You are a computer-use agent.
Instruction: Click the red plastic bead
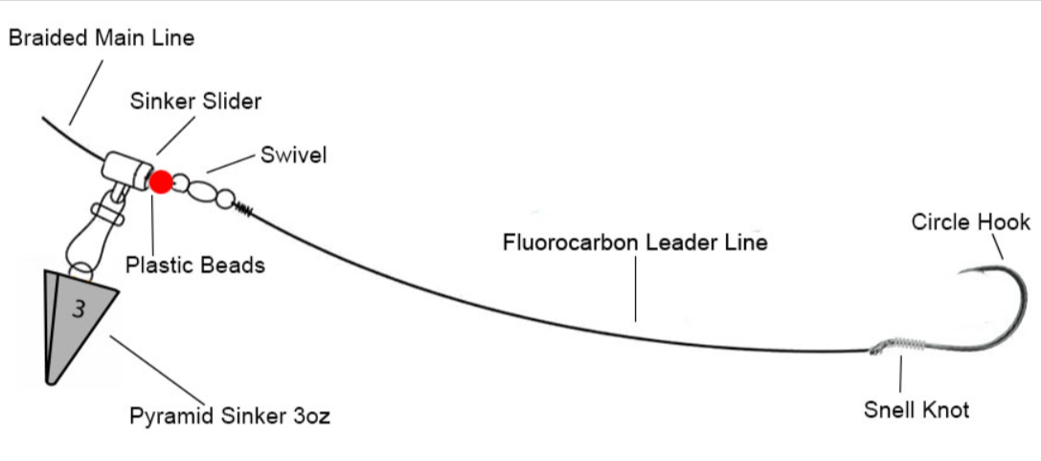coord(161,181)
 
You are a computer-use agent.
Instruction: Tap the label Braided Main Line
coord(101,38)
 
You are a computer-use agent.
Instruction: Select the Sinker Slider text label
coord(195,101)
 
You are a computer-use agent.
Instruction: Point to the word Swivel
coord(293,155)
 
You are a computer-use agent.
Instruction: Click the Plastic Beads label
coord(194,265)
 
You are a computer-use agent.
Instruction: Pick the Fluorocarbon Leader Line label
coord(635,242)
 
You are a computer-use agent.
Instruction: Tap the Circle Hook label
coord(970,222)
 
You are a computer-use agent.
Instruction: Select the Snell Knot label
coord(916,410)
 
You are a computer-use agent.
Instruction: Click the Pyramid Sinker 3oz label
coord(230,417)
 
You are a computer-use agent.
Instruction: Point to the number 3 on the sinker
coord(78,310)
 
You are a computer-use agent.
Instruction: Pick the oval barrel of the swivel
coord(201,191)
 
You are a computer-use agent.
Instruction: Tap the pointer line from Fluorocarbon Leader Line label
coord(635,288)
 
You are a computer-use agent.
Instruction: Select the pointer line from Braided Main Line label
coord(86,91)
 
